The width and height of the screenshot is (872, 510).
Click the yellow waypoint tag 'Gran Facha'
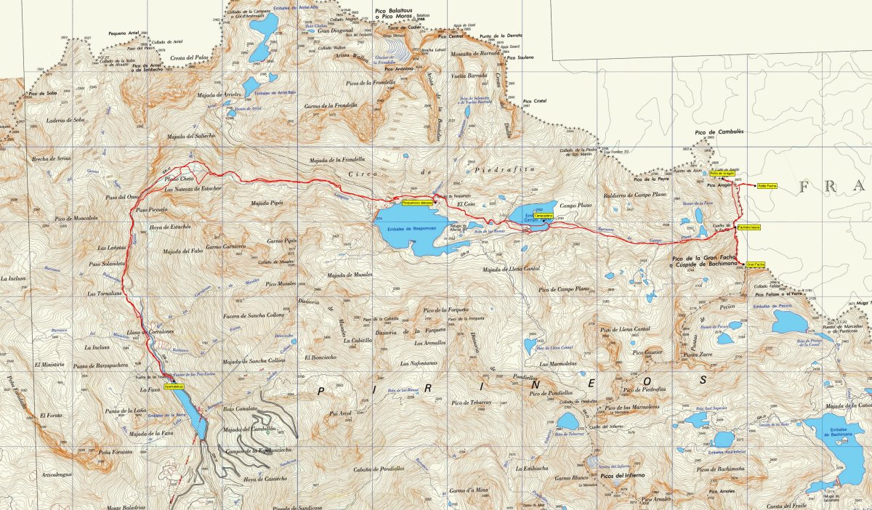755,264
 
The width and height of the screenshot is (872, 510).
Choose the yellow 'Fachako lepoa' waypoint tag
748,228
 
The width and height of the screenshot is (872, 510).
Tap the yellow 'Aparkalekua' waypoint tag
175,387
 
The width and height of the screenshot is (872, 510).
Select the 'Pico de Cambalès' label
710,132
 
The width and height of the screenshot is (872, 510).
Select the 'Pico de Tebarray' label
472,402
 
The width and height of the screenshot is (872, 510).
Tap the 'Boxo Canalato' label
238,409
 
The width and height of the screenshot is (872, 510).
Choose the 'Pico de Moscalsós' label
76,218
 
